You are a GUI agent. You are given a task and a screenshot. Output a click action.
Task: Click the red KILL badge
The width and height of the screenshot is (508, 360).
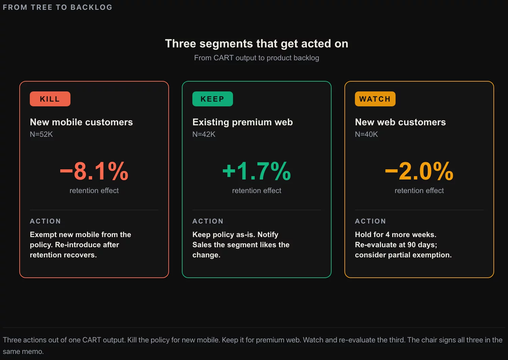coord(50,99)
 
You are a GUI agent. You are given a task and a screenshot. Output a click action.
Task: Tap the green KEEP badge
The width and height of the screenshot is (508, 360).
coord(212,99)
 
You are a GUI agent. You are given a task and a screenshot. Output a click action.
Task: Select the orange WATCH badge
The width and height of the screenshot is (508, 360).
coord(375,99)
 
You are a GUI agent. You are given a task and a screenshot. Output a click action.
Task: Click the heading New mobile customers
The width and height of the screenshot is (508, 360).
coord(81,122)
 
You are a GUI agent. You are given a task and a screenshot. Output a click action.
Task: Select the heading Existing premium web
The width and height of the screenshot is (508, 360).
coord(243,122)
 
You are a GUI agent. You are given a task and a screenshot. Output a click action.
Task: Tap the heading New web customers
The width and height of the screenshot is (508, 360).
coord(400,122)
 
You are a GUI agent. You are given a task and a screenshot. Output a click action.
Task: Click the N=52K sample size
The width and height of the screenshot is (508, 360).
coord(41,134)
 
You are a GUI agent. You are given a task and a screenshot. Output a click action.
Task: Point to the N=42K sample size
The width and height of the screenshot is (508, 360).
coord(204,134)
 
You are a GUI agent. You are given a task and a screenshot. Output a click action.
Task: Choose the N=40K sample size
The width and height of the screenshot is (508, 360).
coord(366,134)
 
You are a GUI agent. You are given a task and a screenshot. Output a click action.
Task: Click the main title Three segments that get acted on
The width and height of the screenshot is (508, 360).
coord(256,44)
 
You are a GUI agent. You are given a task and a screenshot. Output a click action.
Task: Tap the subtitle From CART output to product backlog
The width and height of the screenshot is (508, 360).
coord(256,58)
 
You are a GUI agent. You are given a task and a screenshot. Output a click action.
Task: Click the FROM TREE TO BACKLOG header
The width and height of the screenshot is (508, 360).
coord(58,7)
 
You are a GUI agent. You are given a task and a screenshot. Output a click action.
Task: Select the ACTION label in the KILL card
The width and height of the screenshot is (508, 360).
coord(45,221)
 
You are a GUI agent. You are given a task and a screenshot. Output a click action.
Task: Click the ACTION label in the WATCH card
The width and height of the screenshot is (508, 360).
coord(371,221)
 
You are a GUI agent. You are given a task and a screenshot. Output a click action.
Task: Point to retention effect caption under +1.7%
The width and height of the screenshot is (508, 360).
coord(256,191)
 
